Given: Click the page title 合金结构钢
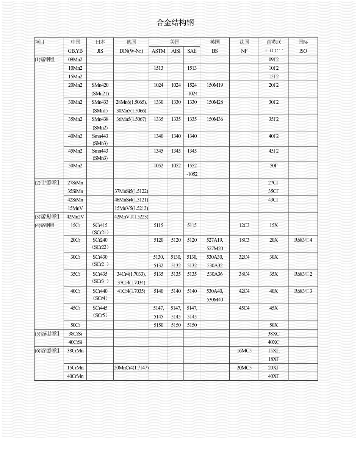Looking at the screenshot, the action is coord(175,23).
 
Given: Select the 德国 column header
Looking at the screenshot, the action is coord(131,42).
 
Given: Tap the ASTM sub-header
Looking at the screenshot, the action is coord(158,51).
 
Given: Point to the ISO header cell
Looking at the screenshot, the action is coord(303,51).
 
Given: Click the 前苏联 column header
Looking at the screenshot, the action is coord(274,42).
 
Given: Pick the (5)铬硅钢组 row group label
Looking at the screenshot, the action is coord(47,334).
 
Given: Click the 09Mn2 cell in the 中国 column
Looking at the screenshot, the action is coord(75,59).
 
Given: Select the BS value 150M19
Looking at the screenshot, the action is coord(215,85).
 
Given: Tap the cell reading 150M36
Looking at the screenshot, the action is coord(215,119).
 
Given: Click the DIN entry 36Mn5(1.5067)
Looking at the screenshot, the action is coord(131,119).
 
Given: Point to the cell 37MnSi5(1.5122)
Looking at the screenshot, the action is coord(131,191).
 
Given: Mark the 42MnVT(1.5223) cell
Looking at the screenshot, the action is coord(131,217).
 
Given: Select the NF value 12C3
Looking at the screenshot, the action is coord(244,225).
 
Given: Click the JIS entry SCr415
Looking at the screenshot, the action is coord(100,225).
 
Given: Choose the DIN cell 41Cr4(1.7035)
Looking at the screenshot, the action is coord(131,291).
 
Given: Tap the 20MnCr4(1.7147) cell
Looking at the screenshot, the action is coord(131,368).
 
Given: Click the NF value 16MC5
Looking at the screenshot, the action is coord(244,351).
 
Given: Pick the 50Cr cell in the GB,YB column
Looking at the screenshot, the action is coord(75,325).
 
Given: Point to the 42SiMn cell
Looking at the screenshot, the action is coord(75,200).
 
